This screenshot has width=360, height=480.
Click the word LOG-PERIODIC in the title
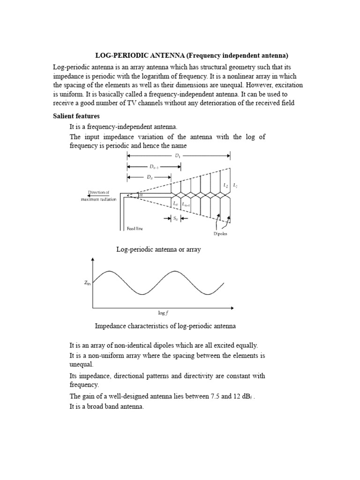111,55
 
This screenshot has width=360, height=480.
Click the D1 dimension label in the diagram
178,156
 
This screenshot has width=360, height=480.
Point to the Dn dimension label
149,177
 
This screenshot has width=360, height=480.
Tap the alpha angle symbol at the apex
140,195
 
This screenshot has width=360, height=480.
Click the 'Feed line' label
135,228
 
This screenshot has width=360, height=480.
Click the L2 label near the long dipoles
225,186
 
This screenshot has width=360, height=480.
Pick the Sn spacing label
175,218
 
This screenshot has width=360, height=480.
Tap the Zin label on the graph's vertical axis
87,283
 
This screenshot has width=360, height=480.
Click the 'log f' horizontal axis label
163,313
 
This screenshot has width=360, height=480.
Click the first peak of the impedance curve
109,271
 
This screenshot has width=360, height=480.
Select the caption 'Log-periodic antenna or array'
158,249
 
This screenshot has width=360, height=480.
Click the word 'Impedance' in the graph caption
110,325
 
